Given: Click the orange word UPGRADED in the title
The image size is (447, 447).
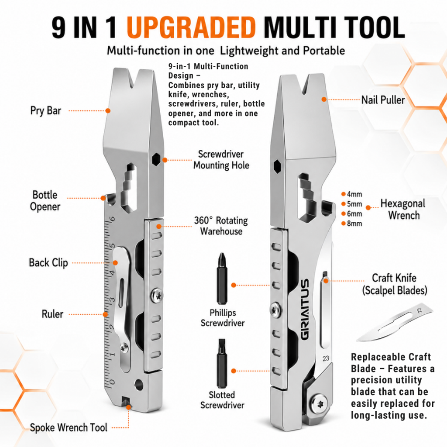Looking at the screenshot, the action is point(191,28).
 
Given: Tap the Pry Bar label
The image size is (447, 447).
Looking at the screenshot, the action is point(45,110).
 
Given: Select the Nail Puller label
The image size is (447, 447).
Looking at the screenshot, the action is point(383,100).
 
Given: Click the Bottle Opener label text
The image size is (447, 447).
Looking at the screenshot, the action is point(45,201).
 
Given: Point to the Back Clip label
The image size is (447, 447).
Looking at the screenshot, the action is point(48,263).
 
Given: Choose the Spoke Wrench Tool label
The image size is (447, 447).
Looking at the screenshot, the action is point(69,428).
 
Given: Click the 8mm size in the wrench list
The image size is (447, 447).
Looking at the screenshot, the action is point(354,223).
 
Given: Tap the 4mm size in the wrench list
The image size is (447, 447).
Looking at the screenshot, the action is point(354,194).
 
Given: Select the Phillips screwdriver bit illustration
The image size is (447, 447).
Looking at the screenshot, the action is point(222,279).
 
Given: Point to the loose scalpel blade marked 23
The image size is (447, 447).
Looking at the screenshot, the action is point(395,322).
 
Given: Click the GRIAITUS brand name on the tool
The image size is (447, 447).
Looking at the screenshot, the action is point(305,309).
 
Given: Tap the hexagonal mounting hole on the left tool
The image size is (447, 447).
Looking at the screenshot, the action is point(156,159).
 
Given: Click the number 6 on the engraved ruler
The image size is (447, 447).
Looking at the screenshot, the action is point(113,219).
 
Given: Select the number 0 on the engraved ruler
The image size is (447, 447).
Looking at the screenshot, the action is point(112,382).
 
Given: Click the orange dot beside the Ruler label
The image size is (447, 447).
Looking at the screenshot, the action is point(106,314).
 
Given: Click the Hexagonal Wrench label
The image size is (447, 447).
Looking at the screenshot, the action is point(403,209).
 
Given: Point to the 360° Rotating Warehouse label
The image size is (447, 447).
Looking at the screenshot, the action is point(221,226).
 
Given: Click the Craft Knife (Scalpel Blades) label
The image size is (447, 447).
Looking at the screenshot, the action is point(395,284).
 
